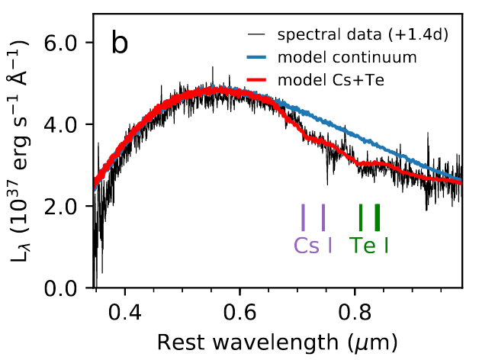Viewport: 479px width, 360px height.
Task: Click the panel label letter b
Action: click(121, 43)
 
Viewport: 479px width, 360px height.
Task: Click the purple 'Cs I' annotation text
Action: click(313, 246)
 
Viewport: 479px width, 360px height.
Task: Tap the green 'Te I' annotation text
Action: click(369, 246)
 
